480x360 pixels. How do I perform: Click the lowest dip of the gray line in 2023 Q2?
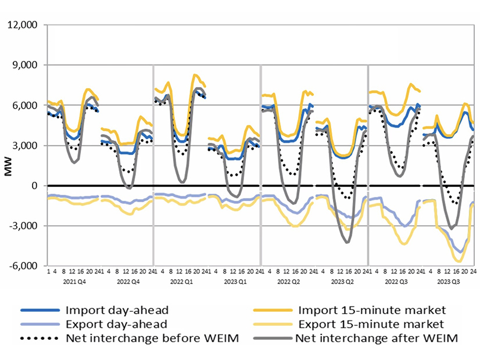point(348,242)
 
